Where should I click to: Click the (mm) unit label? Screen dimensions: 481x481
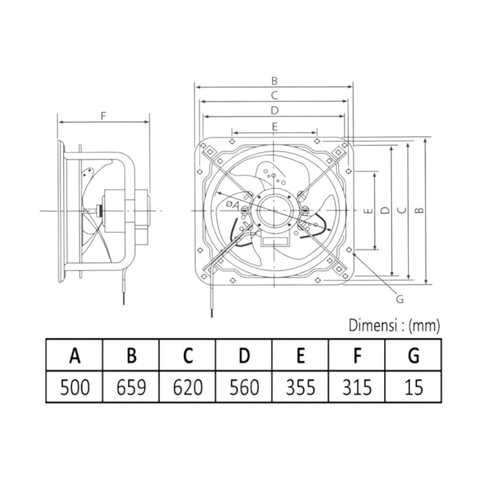click(x=425, y=324)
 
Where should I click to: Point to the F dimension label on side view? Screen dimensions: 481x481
click(x=103, y=115)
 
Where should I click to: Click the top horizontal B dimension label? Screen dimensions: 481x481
click(x=275, y=80)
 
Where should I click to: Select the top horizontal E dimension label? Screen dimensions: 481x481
click(x=274, y=126)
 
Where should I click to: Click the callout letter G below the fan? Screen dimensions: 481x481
click(x=399, y=298)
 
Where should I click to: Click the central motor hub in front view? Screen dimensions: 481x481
click(x=275, y=210)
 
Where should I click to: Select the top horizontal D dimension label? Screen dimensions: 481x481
click(x=274, y=110)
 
